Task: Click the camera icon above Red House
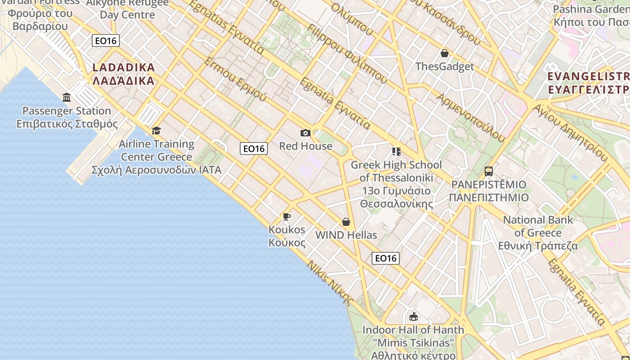[x=306, y=133]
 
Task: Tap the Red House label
[x=306, y=146]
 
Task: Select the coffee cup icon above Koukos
[x=287, y=217]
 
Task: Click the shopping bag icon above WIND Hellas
[x=346, y=222]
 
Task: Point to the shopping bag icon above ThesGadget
[x=445, y=53]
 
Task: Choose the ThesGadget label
[x=445, y=67]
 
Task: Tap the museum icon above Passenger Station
[x=67, y=97]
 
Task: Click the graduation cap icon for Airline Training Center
[x=156, y=130]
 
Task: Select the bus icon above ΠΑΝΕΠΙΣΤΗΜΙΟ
[x=489, y=171]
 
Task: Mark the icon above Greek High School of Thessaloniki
[x=396, y=152]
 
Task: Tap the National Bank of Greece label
[x=538, y=233]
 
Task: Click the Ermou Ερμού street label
[x=235, y=80]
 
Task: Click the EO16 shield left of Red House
[x=254, y=148]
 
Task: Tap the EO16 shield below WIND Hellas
[x=386, y=258]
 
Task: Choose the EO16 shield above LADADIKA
[x=106, y=41]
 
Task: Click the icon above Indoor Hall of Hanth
[x=414, y=317]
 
